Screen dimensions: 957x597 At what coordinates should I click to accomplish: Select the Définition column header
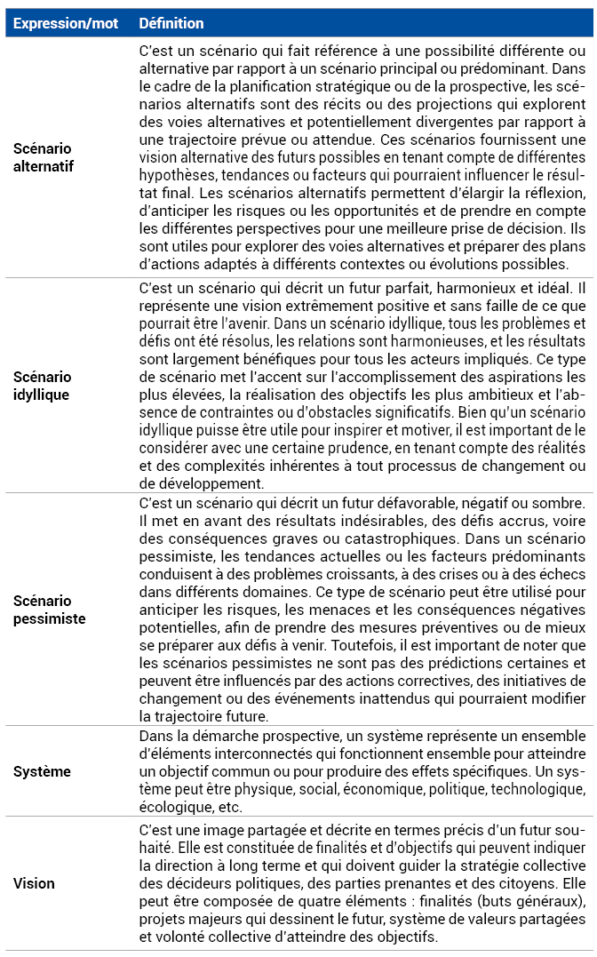[x=171, y=23]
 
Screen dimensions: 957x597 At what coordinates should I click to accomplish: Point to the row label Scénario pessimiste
[x=49, y=610]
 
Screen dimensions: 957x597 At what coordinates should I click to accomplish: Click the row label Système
[x=42, y=771]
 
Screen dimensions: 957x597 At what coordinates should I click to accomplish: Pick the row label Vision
[x=34, y=883]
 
